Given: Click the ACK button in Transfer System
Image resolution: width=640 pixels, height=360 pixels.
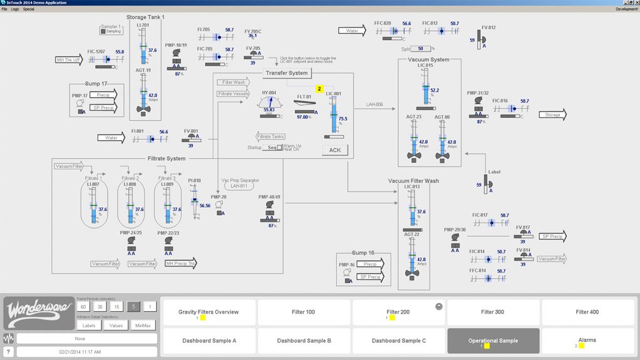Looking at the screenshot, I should tap(335, 150).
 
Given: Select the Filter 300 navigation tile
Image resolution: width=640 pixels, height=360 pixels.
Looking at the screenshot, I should tap(493, 312).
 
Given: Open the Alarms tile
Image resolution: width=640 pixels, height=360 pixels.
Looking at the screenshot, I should tap(587, 341).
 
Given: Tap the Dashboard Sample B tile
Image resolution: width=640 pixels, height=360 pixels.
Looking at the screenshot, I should tap(304, 341).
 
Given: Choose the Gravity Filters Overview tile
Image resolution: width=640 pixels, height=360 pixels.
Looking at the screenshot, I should tap(209, 312).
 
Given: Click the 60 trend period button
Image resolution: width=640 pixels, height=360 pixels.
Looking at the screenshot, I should tap(83, 307).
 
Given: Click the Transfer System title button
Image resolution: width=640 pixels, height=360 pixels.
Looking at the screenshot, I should tap(287, 73).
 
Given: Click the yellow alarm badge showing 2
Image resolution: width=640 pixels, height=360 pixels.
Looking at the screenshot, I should tap(319, 90).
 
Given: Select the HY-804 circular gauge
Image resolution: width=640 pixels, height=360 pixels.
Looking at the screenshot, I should tap(269, 105).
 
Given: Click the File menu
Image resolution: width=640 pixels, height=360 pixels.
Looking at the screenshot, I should tap(4, 9).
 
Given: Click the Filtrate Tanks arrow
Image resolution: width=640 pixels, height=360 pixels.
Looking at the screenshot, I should tap(271, 136).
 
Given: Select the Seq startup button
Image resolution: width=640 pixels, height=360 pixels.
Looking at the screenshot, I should tap(271, 148).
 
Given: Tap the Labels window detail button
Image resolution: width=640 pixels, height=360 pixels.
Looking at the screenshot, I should tap(90, 326).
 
